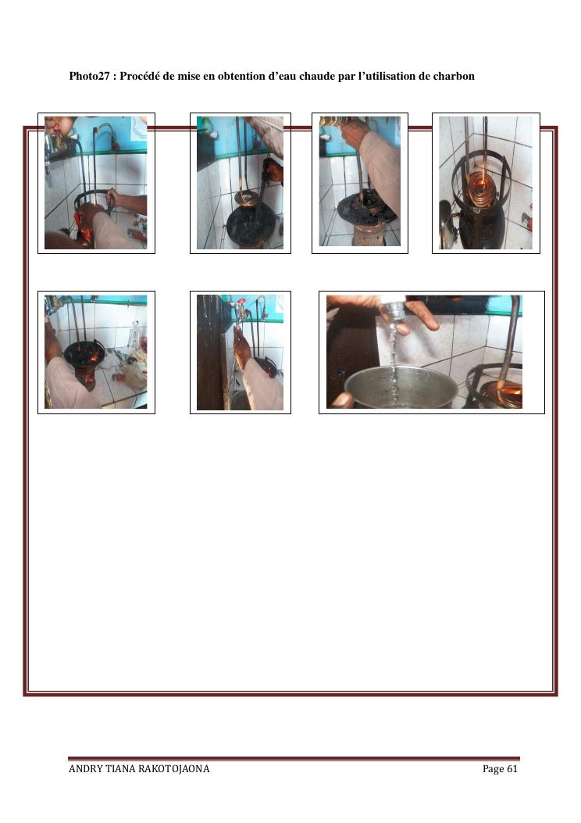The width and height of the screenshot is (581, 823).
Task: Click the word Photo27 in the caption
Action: coord(89,76)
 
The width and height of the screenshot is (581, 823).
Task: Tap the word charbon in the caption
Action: coord(454,76)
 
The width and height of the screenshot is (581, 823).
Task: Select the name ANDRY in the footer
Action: coord(85,769)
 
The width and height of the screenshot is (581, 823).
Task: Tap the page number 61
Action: coord(512,769)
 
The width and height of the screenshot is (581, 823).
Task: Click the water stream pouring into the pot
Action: coord(393,357)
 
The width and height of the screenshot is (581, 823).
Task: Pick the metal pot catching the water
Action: coord(400,388)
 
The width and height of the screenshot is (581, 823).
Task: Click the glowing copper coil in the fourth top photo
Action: coord(482,189)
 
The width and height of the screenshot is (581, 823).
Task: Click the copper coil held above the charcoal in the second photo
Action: coord(247,199)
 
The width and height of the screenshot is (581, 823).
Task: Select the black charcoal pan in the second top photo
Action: coord(251,226)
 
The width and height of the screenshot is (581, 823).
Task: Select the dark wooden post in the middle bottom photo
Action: coord(211,352)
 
